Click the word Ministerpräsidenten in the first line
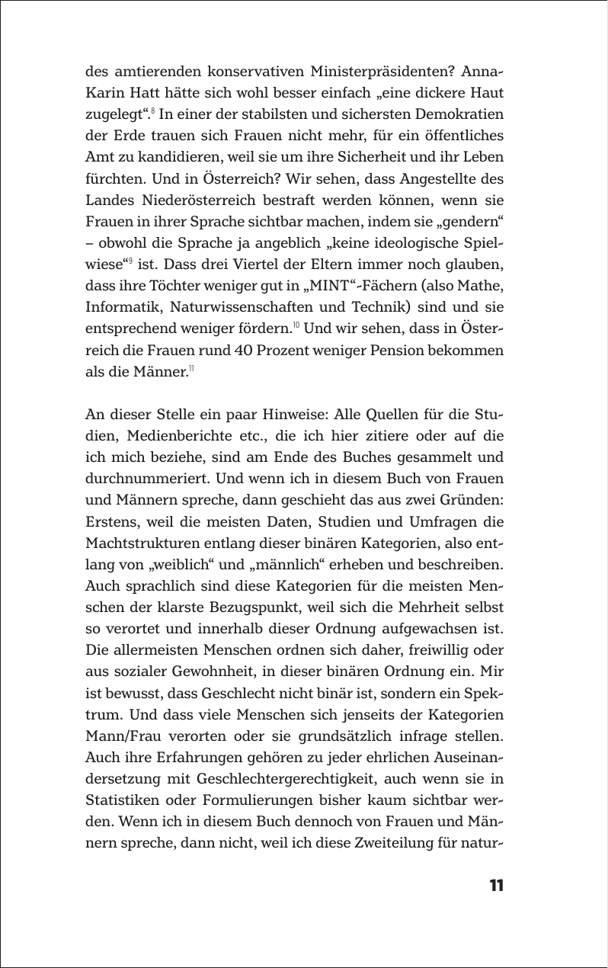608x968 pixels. (x=378, y=72)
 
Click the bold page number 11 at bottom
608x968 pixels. (x=495, y=886)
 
